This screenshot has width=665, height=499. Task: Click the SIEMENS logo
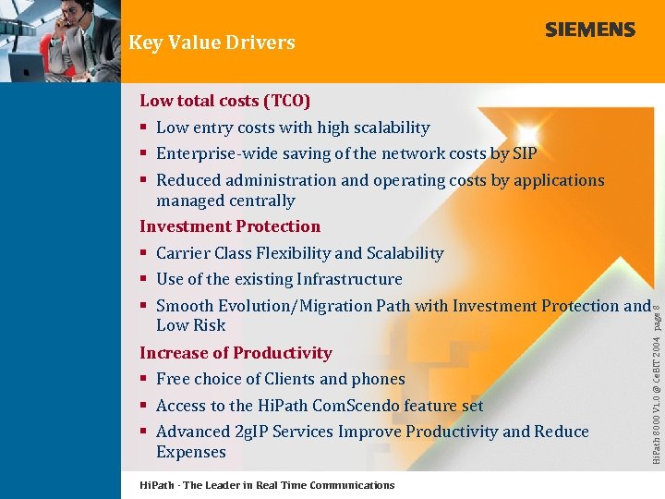tap(589, 30)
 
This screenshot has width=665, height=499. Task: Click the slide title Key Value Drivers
tap(212, 43)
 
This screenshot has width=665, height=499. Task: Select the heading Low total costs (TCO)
tap(224, 101)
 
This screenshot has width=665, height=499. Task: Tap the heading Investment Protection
tap(230, 226)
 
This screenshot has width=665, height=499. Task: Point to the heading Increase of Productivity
tap(236, 353)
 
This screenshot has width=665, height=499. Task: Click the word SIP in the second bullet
tap(524, 153)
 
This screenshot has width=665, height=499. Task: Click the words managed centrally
tap(225, 201)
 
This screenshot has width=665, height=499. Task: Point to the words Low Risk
tap(190, 325)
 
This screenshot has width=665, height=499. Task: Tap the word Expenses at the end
tap(190, 452)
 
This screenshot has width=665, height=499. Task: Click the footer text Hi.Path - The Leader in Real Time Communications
tap(266, 485)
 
